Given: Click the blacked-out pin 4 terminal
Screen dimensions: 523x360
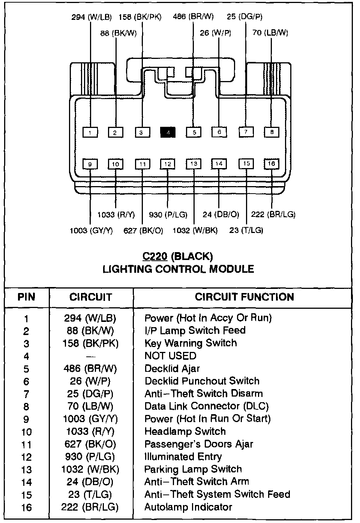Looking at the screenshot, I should (168, 132).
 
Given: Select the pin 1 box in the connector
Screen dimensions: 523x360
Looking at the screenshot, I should (90, 132).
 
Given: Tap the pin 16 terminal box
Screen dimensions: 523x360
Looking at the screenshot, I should (271, 164).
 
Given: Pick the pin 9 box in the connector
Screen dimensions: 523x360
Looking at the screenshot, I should (90, 164).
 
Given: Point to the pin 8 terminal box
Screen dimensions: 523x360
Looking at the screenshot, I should (271, 132).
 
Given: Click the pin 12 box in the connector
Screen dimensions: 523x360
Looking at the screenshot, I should (168, 164).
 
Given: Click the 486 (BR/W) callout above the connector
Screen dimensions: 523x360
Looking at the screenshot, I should (193, 17).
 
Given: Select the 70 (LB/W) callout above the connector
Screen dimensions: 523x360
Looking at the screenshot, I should (270, 33).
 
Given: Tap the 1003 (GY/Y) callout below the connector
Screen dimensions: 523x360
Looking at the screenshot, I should (91, 230).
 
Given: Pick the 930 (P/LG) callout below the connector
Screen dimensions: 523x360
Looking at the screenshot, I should (168, 215).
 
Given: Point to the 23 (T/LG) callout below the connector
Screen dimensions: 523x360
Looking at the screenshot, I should (246, 230).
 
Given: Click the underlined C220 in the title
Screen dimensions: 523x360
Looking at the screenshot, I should (154, 256).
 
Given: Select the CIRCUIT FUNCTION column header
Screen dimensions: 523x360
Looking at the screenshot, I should (244, 297).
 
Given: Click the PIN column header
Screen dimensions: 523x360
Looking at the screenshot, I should (26, 297).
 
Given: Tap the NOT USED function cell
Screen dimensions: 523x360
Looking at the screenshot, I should (170, 356).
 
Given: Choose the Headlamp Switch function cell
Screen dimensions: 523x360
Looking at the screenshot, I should (185, 431).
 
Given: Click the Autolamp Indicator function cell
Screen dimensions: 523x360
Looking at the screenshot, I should (188, 507).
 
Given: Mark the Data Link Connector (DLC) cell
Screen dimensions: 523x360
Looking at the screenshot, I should (206, 406).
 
